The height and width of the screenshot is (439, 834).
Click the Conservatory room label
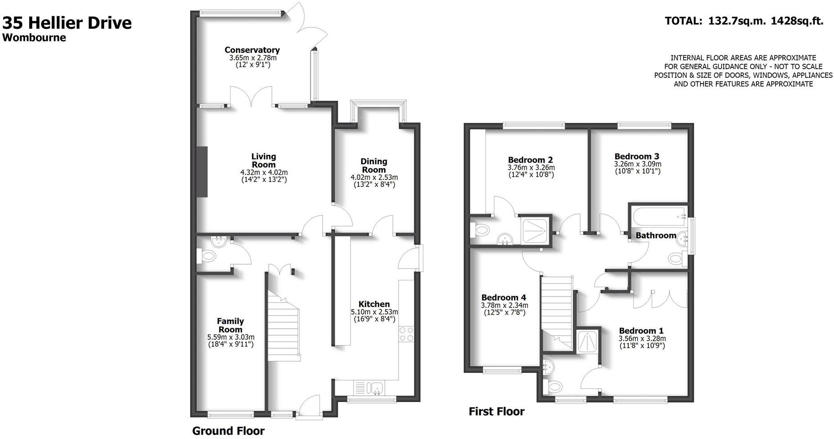coord(252,50)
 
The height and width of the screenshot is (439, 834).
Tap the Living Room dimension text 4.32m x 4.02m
coord(264,173)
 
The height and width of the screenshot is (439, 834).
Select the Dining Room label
coord(374,165)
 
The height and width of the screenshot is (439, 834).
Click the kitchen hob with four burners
coord(406,334)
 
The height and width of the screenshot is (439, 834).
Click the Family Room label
coord(230,325)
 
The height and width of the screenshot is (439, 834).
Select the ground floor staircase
coord(284,328)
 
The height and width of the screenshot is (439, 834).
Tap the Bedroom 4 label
coord(503,297)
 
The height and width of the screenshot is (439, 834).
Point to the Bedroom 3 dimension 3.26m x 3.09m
coord(637,164)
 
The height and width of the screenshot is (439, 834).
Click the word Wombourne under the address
coord(34,38)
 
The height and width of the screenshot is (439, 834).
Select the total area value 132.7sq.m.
coord(736,21)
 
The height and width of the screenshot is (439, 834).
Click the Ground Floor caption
coord(228,431)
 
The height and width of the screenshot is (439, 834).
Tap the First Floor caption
coord(496,412)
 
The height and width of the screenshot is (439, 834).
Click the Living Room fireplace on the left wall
coord(204,172)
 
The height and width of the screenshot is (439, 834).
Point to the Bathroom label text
coord(655,235)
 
